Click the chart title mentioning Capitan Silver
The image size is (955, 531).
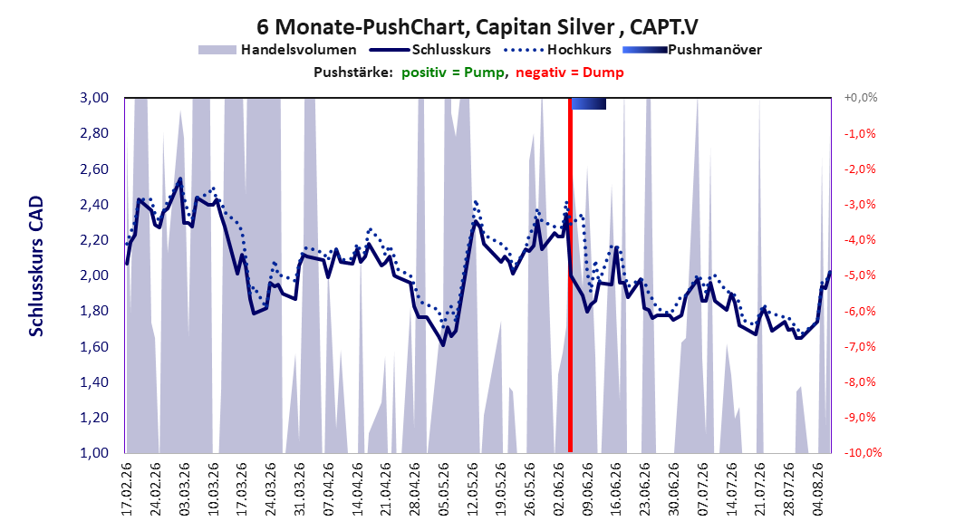click(477, 27)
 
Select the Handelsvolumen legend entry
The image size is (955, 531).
click(278, 50)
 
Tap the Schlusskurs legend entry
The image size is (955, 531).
click(430, 50)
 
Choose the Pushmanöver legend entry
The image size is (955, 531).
click(692, 50)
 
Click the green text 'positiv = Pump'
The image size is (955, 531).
click(453, 72)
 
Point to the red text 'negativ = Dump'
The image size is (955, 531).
click(570, 72)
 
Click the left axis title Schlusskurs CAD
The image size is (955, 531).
click(36, 266)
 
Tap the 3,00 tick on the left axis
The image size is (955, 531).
click(94, 98)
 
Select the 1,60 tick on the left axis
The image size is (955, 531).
click(94, 346)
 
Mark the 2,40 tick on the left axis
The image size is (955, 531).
click(94, 205)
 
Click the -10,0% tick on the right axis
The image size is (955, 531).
click(863, 452)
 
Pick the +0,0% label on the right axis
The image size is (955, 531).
click(860, 98)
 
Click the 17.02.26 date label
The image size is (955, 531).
click(127, 489)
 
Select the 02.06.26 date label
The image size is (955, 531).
click(559, 489)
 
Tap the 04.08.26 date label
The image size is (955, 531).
click(818, 489)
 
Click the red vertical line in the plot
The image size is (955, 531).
click(570, 275)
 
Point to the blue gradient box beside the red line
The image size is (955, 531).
click(589, 103)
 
